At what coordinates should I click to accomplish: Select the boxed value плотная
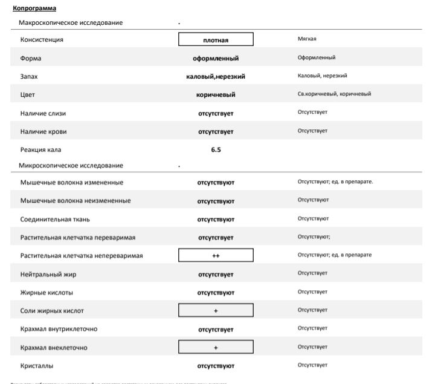click(x=216, y=40)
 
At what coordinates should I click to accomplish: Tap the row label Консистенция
click(x=42, y=40)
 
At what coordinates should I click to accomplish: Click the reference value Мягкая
click(x=307, y=39)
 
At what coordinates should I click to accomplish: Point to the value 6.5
click(x=216, y=149)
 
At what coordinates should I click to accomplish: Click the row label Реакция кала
click(x=41, y=149)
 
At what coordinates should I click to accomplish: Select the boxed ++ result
click(x=216, y=256)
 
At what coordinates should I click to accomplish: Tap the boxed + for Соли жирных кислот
click(x=216, y=311)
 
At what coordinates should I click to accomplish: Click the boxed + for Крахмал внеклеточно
click(x=216, y=348)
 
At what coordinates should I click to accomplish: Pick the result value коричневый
click(x=216, y=95)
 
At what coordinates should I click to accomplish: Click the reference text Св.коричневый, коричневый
click(x=334, y=94)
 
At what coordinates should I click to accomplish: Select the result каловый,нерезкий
click(x=216, y=77)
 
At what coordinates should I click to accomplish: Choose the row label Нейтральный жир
click(x=48, y=275)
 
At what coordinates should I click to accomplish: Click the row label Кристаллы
click(x=37, y=366)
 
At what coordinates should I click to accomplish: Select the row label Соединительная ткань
click(x=55, y=219)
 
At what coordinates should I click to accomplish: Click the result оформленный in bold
click(x=216, y=59)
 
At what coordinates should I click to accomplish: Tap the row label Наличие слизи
click(x=43, y=113)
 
